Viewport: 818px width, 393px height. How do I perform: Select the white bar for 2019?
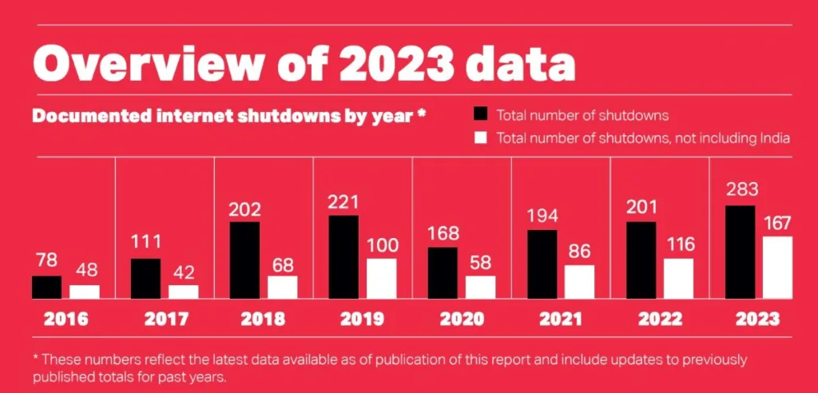click(381, 279)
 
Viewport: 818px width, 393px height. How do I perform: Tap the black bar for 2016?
click(46, 288)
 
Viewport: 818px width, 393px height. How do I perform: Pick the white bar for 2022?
click(678, 279)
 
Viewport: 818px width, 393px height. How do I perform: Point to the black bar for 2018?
click(244, 260)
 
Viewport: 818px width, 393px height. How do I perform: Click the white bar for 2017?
click(183, 292)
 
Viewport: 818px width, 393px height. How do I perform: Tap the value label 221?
click(343, 203)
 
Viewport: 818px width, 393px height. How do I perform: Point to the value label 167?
click(776, 223)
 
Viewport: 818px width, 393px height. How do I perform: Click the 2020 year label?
click(462, 320)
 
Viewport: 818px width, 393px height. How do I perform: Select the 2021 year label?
click(561, 320)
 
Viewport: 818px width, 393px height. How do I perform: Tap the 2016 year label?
click(66, 320)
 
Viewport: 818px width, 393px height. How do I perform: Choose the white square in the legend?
click(480, 137)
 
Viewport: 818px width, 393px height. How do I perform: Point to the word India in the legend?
click(774, 138)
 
